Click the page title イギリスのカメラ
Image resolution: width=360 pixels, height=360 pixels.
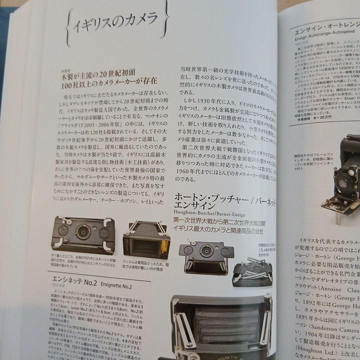click(115, 23)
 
